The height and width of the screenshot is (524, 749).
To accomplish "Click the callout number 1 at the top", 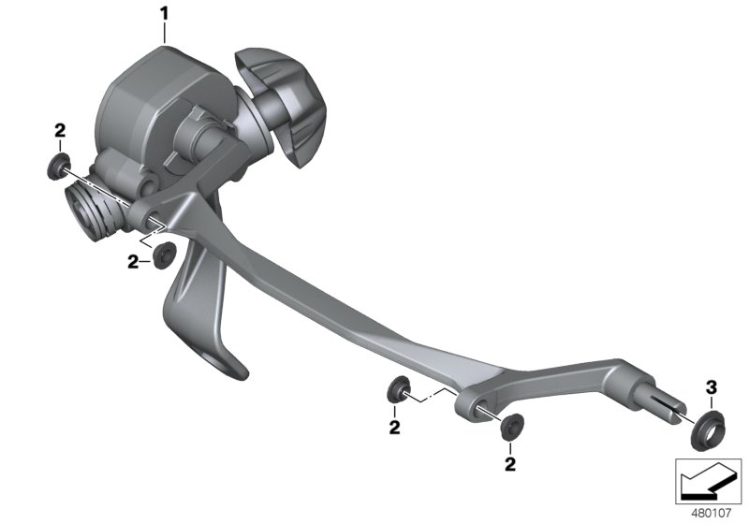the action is (165, 14).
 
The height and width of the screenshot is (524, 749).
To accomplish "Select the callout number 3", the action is (712, 386).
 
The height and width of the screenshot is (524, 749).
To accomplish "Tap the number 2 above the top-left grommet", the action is (60, 130).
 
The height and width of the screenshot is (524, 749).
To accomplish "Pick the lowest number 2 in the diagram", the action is (510, 464).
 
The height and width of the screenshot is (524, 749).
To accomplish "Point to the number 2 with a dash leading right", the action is (133, 261).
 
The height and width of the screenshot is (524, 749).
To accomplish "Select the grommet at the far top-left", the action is (58, 166).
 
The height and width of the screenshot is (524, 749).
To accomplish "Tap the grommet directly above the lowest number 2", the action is (512, 426).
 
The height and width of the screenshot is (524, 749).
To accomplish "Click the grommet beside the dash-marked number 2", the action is (163, 255).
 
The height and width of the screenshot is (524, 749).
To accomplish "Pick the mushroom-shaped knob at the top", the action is (277, 103).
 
